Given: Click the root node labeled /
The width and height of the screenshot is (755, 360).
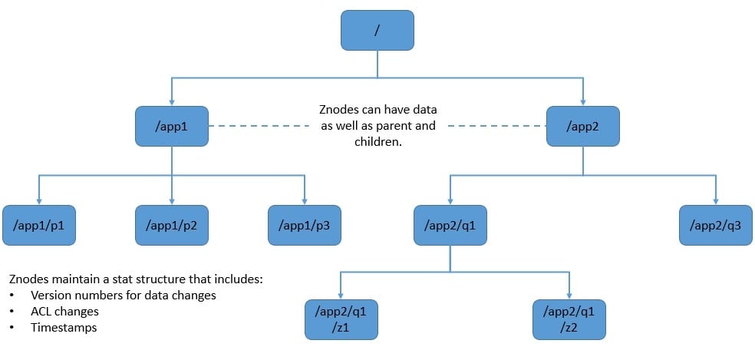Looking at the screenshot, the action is click(x=377, y=30).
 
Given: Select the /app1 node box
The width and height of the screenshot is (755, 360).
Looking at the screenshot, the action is click(x=171, y=126).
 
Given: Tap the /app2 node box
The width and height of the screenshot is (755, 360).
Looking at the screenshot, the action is click(x=582, y=126).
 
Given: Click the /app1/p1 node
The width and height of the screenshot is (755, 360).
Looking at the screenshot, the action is click(x=38, y=225).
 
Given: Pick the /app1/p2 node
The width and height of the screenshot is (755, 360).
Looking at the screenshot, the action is click(x=171, y=225).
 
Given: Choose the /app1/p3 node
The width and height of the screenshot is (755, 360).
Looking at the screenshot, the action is click(x=305, y=225).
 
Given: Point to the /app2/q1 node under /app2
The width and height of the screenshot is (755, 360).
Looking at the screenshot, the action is click(x=450, y=225).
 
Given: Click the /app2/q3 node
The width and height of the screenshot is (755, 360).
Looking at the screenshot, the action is click(x=716, y=225).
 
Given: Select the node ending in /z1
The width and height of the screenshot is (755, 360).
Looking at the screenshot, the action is click(x=341, y=319).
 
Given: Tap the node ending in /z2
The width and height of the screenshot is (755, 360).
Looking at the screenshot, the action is click(x=569, y=319).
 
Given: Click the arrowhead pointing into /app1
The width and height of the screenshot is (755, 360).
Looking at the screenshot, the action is click(x=171, y=103).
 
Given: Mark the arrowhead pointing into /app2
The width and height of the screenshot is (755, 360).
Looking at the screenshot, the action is click(x=582, y=103).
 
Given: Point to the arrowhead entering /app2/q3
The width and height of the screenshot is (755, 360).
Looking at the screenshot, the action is click(x=716, y=202).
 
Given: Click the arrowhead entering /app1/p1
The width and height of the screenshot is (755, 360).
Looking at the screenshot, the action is click(x=38, y=202).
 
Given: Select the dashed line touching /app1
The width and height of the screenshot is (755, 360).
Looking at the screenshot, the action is click(x=259, y=126).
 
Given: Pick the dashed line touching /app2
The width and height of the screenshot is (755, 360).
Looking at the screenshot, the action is click(x=497, y=126).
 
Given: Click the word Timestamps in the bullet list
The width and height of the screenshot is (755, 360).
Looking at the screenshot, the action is click(x=64, y=328).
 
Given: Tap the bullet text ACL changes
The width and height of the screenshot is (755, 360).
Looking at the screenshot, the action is click(x=64, y=312).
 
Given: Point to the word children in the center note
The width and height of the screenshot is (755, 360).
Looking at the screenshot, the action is click(x=377, y=142).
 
